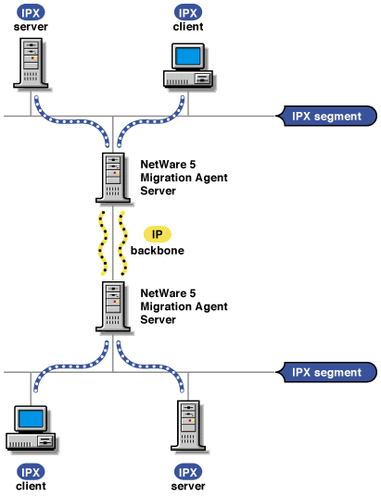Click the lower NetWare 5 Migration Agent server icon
coord(112,307)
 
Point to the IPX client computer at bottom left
coord(30,428)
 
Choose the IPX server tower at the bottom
coord(188,425)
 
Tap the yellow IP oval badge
coord(157,234)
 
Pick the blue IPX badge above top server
coord(32,11)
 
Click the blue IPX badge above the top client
coord(188,11)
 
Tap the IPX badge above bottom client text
coord(32,472)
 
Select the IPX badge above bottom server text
coord(188,472)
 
